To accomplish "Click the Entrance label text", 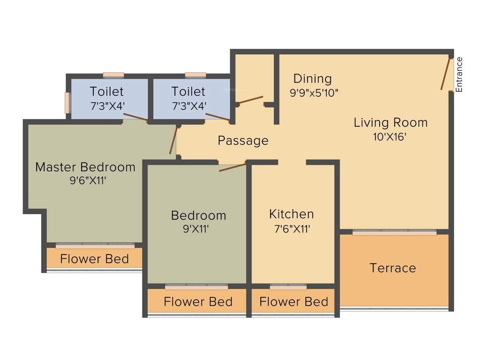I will click(x=459, y=74).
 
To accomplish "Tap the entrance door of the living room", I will click(x=444, y=74).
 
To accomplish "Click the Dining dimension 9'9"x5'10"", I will click(x=314, y=93).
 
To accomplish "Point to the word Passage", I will click(x=243, y=141).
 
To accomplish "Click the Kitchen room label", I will click(x=292, y=214).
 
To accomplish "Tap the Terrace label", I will click(x=393, y=268).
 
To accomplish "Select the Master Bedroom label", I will click(x=85, y=167).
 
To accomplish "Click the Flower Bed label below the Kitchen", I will click(x=293, y=302).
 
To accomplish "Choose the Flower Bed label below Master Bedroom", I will click(x=95, y=259).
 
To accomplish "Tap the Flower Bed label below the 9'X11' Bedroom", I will click(x=198, y=302).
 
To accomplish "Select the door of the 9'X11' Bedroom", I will click(x=232, y=167).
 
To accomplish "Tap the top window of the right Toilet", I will click(x=195, y=75).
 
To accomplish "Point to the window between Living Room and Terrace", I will click(x=394, y=232).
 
